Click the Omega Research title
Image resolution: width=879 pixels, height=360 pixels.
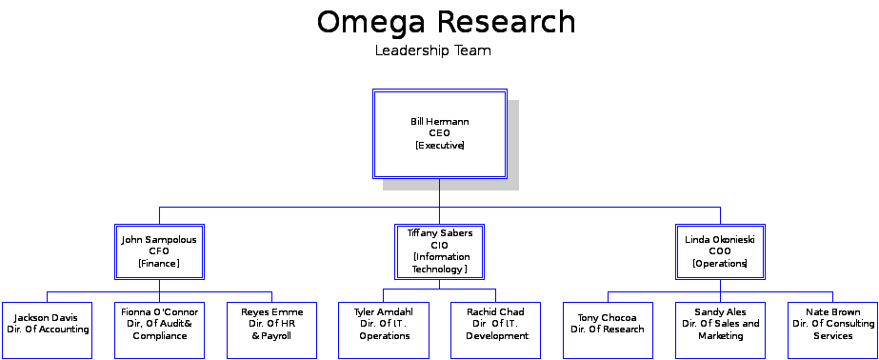tap(446, 22)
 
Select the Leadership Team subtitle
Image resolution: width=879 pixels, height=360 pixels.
tap(432, 50)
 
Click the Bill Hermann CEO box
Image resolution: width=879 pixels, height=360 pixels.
tap(439, 133)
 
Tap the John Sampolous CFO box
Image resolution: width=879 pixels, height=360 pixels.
tap(159, 251)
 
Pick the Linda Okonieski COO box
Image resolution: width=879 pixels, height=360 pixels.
tap(720, 251)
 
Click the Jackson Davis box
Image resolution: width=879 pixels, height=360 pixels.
tap(48, 330)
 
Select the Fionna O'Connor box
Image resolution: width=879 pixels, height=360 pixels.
tap(159, 330)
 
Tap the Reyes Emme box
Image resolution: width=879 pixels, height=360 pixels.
tap(271, 330)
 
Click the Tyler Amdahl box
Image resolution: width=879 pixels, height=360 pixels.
tap(384, 330)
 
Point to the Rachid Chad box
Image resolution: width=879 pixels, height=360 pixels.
tap(496, 330)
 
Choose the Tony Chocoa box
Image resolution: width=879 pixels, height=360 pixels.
tap(608, 330)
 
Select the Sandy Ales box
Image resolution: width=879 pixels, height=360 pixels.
tap(720, 330)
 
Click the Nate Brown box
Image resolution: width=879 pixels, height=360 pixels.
tap(832, 330)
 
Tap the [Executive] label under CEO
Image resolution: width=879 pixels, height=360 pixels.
tap(440, 146)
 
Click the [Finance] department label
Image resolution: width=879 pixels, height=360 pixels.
tap(159, 264)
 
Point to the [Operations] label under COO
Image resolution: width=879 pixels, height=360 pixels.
tap(720, 264)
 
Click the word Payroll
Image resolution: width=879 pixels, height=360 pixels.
tap(277, 336)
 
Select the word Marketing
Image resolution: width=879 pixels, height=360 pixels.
tap(720, 336)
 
